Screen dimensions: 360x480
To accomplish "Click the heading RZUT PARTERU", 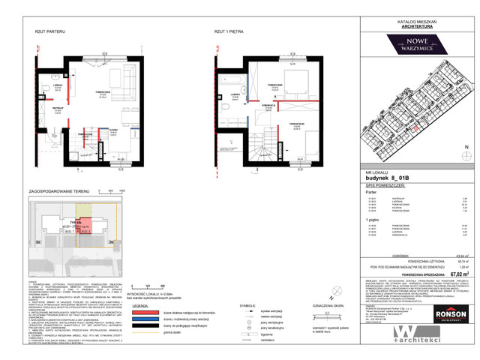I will tap(49, 32).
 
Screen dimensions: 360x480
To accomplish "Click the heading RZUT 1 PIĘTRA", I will tap(229, 32).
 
